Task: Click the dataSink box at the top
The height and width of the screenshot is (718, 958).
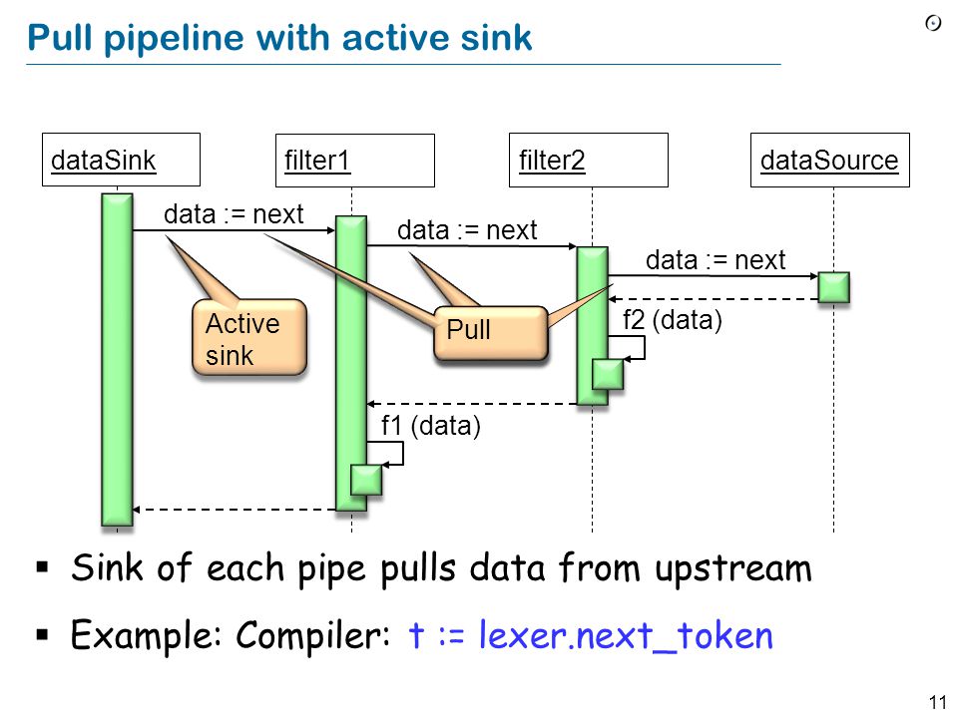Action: point(121,160)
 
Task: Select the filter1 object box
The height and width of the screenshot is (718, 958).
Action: point(355,160)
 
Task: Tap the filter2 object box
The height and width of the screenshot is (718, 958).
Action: point(589,160)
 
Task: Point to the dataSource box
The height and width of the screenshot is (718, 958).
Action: point(829,160)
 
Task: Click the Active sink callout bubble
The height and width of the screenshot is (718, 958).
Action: point(249,337)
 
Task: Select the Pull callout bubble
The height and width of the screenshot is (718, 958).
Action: point(491,333)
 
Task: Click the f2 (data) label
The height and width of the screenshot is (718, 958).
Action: point(672,320)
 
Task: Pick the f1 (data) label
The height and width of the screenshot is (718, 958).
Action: point(431,426)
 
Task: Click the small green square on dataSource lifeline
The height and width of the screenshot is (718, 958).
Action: point(833,287)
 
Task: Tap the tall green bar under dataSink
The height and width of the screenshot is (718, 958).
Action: point(118,360)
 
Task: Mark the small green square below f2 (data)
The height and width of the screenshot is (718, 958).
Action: point(608,374)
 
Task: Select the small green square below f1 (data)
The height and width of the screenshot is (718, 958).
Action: point(366,480)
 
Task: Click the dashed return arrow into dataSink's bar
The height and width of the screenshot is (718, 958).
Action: point(234,510)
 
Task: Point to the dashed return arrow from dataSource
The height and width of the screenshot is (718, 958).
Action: point(713,299)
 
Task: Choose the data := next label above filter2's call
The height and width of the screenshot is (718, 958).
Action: point(467,230)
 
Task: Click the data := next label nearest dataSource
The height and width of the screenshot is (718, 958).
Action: point(716,260)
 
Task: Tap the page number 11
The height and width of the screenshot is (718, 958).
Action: point(937,702)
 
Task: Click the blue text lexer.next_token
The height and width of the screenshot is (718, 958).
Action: point(626,635)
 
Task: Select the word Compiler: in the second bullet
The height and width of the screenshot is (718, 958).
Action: point(312,635)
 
